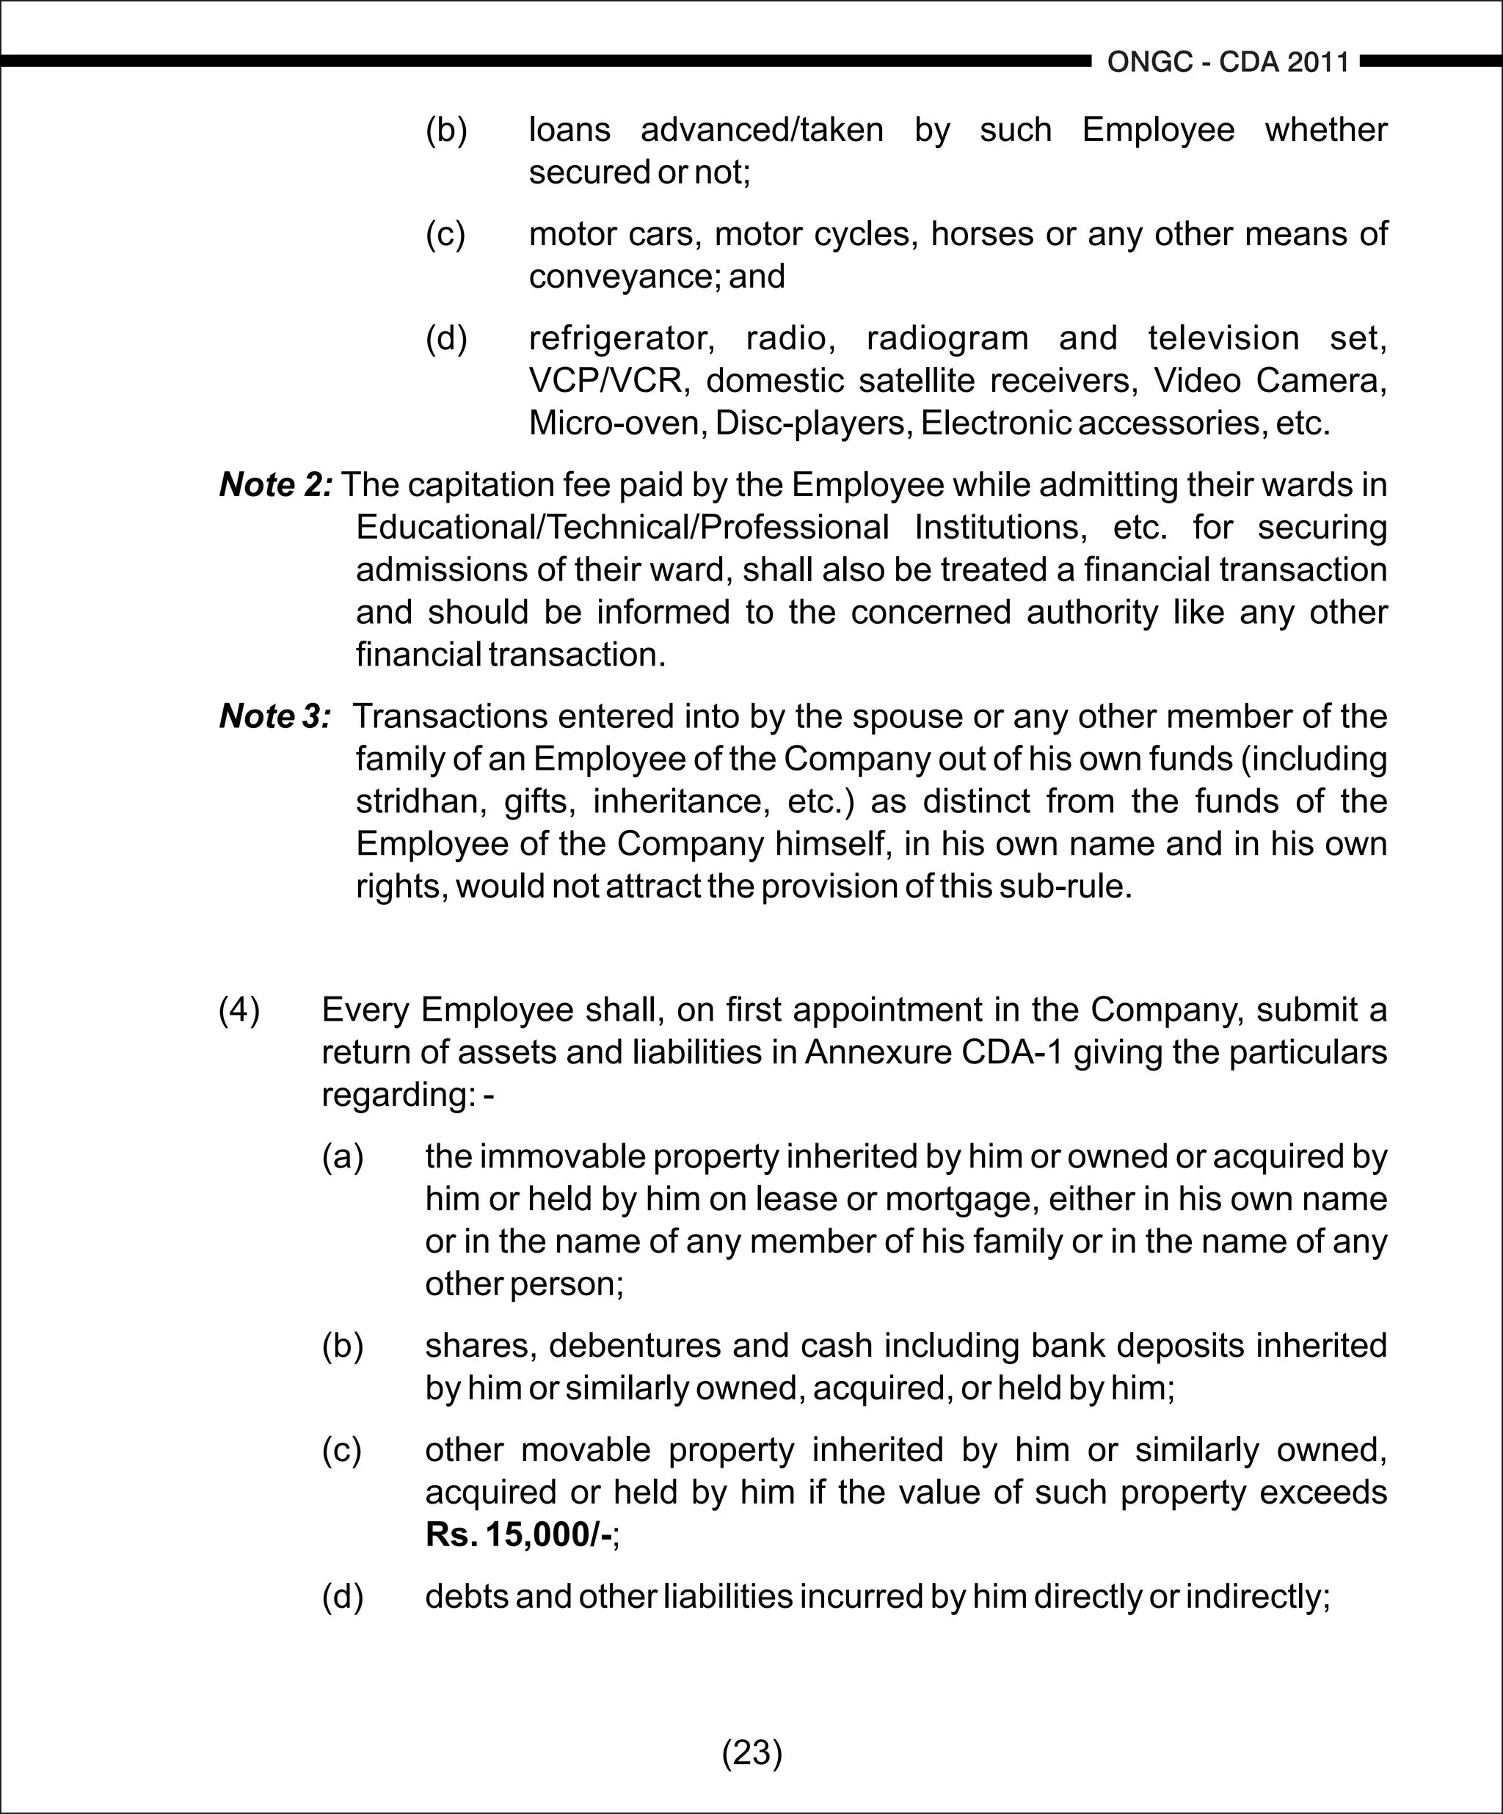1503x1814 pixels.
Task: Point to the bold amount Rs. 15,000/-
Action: point(519,1535)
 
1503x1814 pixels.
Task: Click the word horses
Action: point(981,234)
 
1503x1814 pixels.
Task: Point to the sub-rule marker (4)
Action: point(239,1009)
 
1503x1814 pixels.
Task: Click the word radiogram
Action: point(947,338)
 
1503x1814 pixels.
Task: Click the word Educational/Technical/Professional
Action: point(622,527)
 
